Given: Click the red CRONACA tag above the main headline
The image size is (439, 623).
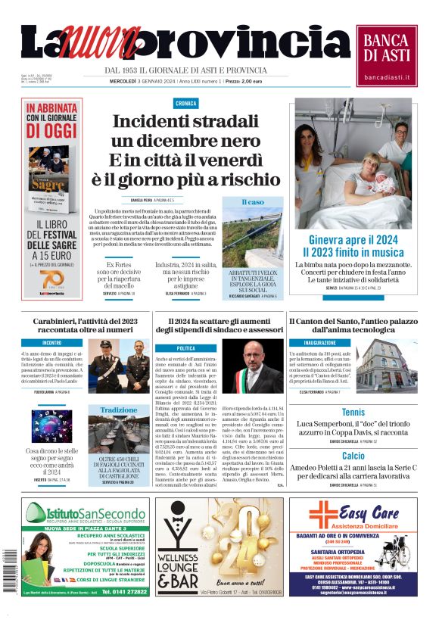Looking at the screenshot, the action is coord(185,102).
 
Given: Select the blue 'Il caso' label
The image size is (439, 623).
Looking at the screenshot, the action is coord(253,202).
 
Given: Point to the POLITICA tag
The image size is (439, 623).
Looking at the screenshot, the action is coord(185,348).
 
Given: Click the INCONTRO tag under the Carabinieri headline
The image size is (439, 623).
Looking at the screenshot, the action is coord(52,343).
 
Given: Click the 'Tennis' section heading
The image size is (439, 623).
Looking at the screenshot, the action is coord(353,413).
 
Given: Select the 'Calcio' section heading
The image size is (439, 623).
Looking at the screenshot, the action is coord(353,456).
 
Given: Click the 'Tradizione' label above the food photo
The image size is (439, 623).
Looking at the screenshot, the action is coord(119,410).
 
